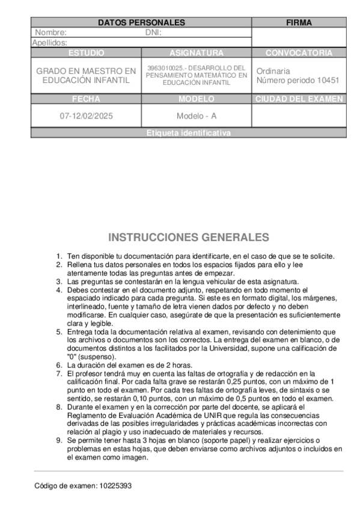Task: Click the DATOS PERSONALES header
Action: (x=141, y=23)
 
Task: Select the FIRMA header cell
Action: (x=299, y=23)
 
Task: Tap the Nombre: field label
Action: (x=51, y=32)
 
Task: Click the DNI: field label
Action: (x=153, y=32)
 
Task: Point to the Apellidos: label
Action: (x=49, y=43)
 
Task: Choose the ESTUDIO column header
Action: (x=86, y=53)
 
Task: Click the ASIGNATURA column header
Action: (x=197, y=53)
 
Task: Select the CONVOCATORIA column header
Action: (x=299, y=53)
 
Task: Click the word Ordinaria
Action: (x=273, y=70)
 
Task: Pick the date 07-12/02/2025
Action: (x=87, y=115)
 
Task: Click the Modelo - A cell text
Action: (x=197, y=115)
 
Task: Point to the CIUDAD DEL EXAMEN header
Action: (x=299, y=99)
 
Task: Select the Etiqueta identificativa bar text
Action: (x=188, y=133)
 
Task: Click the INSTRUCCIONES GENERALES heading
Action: (x=189, y=238)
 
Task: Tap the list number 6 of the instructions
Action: (x=59, y=365)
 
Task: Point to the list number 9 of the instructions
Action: (x=59, y=441)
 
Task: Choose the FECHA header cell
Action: (x=86, y=99)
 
